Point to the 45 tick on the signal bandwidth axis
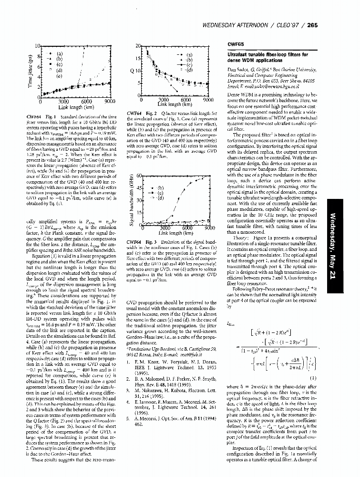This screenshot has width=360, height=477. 139,188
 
